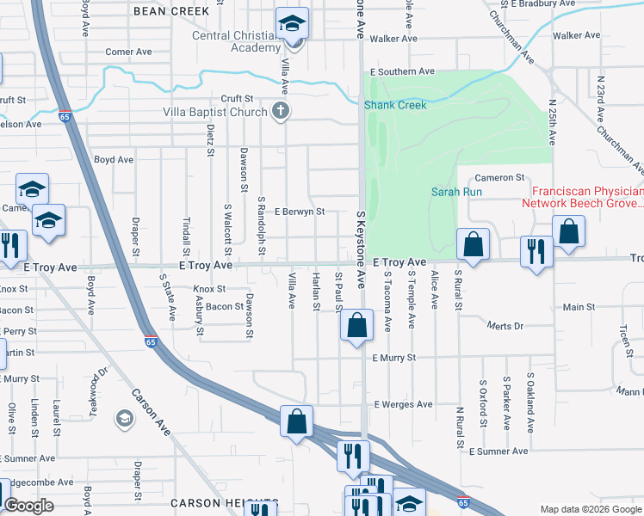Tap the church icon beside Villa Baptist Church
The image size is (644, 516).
click(279, 111)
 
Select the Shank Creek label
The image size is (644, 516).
click(394, 105)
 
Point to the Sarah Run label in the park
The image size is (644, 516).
click(456, 192)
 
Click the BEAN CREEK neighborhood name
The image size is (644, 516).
click(171, 10)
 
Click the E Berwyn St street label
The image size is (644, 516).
click(299, 211)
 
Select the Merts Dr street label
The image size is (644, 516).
click(505, 326)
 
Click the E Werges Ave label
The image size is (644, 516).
click(402, 404)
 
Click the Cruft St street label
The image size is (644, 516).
click(236, 99)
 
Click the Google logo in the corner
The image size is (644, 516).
click(29, 506)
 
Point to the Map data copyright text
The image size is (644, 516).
click(591, 509)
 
